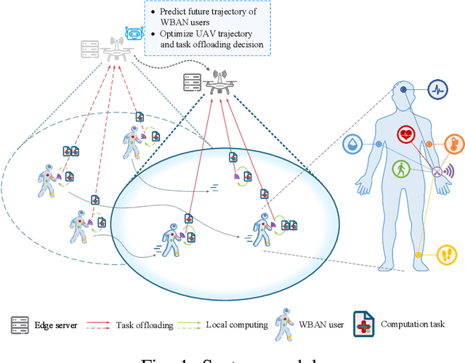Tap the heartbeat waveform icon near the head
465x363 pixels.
tap(437, 89)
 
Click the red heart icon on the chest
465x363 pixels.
tap(406, 134)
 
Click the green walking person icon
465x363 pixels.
tap(400, 169)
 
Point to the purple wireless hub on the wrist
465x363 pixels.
tap(438, 173)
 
